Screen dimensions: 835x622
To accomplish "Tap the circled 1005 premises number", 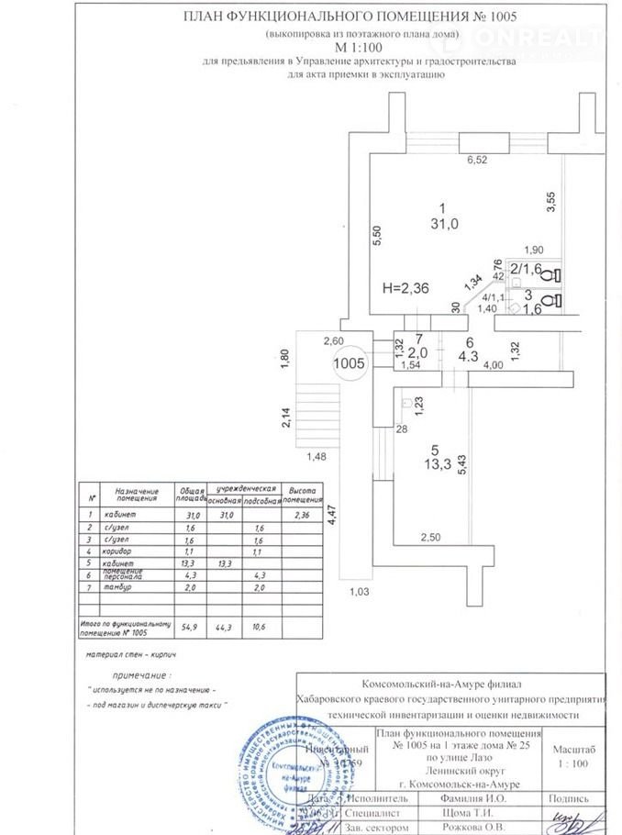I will click(350, 362).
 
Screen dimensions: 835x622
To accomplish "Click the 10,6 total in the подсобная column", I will click(258, 627).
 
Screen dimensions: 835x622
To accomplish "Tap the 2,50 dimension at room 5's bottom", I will click(432, 536).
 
